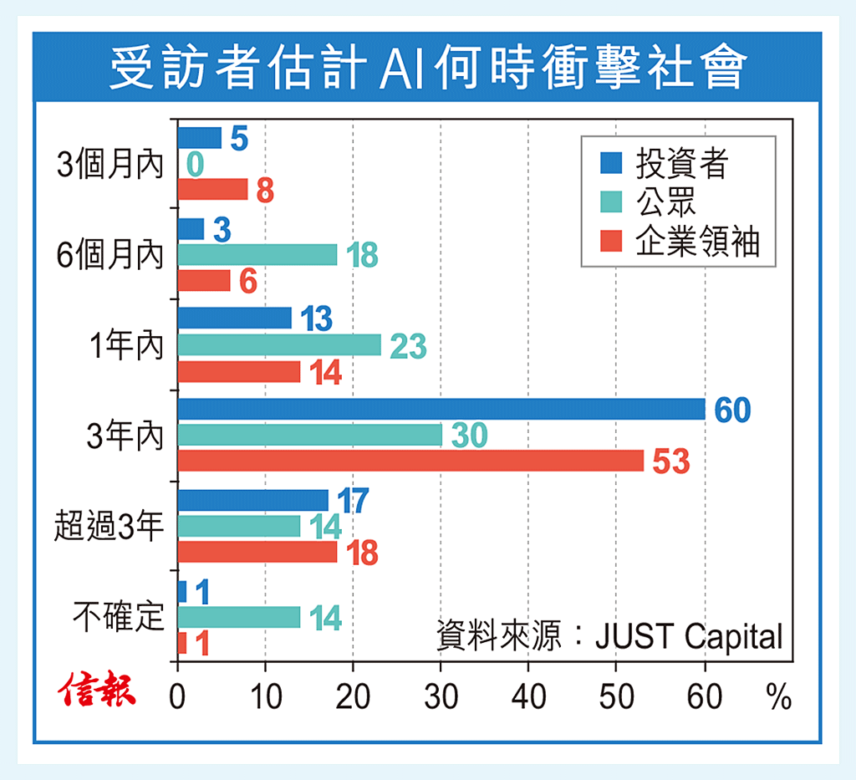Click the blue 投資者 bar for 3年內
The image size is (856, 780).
point(441,409)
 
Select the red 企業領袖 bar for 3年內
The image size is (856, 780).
point(410,461)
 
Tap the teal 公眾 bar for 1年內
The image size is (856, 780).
point(279,344)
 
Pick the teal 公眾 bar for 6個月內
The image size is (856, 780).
point(257,254)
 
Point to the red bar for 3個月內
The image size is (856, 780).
point(213,190)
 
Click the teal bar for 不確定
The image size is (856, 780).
point(239,617)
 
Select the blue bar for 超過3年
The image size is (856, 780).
point(252,500)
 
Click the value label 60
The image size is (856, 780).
point(731,410)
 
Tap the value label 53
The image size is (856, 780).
point(670,461)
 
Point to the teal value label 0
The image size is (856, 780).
point(195,165)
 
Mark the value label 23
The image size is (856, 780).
point(409,345)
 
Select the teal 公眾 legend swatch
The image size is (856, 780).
point(611,203)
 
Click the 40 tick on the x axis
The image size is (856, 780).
point(528,697)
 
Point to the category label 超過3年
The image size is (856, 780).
point(109,528)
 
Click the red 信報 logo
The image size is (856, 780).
point(97,690)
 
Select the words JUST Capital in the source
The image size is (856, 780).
point(689,637)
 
